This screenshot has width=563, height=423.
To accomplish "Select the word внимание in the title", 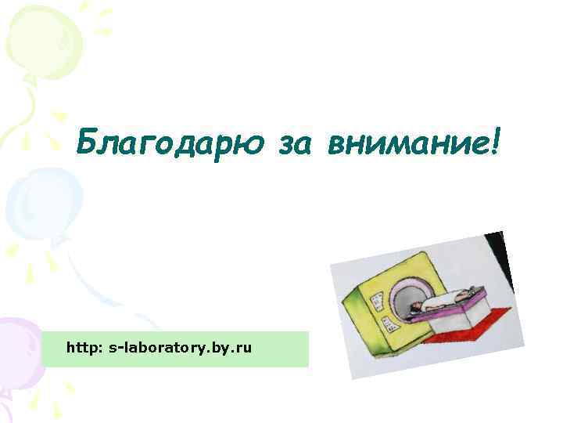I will point(407,144).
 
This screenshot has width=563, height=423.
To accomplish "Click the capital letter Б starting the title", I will point(87,143).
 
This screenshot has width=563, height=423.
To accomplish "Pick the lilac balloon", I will point(19,345).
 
